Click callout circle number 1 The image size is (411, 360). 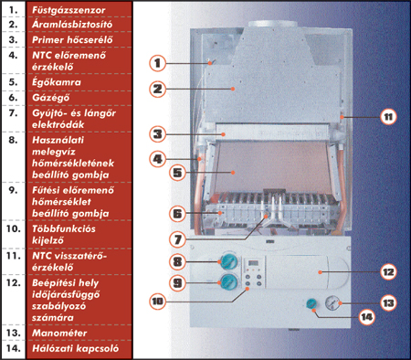[x=157, y=63]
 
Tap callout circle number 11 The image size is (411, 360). [x=388, y=117]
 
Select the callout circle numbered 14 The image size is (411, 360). [x=366, y=317]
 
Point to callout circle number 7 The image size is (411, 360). [x=177, y=239]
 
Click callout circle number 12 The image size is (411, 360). [x=388, y=272]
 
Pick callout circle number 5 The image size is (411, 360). [x=177, y=173]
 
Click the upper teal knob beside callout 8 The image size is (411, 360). [x=229, y=261]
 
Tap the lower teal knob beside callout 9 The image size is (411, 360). [x=229, y=282]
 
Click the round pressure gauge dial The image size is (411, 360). [x=332, y=302]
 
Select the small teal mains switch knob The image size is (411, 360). [x=311, y=303]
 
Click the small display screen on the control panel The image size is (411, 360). [x=253, y=263]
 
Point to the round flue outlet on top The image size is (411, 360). [x=272, y=24]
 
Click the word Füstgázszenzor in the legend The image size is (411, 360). [x=68, y=10]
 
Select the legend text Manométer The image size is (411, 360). [x=59, y=333]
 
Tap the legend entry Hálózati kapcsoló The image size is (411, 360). [x=76, y=348]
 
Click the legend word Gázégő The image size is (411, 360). [x=51, y=98]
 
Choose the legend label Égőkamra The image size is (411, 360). [x=57, y=82]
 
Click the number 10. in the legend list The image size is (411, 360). [x=14, y=228]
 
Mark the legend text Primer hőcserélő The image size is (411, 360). [x=72, y=40]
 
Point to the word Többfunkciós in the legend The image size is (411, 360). [x=64, y=228]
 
